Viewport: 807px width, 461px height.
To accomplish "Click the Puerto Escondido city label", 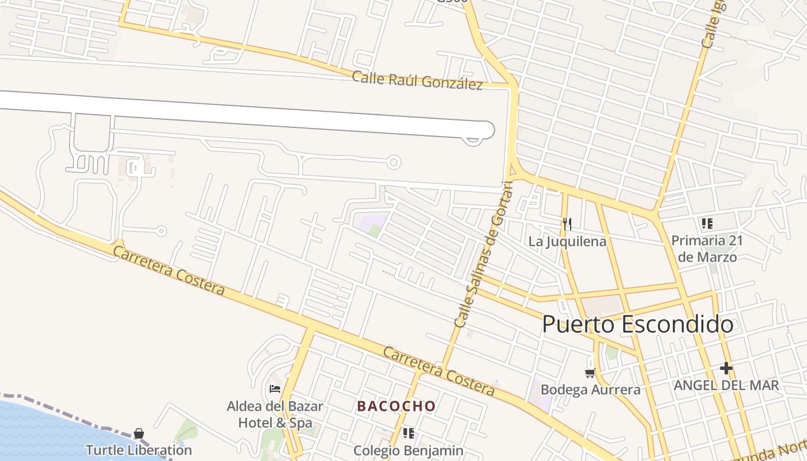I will tap(638, 324).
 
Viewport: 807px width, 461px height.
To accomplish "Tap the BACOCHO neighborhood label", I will tap(397, 406).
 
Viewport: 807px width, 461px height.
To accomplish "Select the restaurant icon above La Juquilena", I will tap(567, 224).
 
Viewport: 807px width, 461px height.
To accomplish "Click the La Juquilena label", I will tap(567, 241).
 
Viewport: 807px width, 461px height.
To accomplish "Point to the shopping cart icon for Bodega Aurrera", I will tap(590, 373).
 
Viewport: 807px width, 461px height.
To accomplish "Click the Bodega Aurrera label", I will tap(590, 390).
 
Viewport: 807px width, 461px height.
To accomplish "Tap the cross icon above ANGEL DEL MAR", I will tap(726, 368).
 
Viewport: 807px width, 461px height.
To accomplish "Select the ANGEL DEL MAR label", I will tap(726, 385).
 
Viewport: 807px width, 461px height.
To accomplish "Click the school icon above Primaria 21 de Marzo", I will tap(707, 224).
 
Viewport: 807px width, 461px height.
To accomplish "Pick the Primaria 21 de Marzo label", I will tap(707, 248).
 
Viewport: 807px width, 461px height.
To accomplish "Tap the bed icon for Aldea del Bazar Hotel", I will tap(275, 389).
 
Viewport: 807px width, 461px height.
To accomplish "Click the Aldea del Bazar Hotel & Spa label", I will tap(275, 414).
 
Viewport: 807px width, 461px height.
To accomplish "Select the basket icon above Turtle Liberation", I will tap(139, 433).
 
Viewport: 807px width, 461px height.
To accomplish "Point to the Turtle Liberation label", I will tap(139, 449).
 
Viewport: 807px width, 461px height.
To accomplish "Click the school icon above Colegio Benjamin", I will tap(409, 433).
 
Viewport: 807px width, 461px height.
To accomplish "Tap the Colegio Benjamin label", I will tap(409, 450).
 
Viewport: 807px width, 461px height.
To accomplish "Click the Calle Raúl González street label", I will tap(417, 81).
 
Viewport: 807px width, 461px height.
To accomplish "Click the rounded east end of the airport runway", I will tap(488, 130).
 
